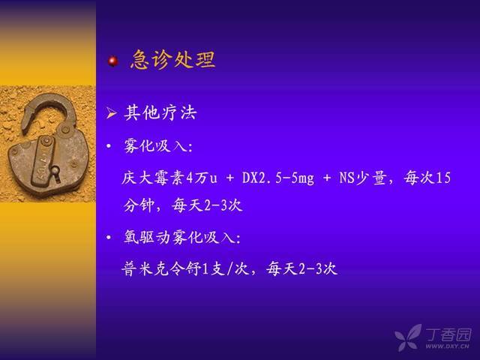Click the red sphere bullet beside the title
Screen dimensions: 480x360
point(113,61)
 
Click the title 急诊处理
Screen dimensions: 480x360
point(173,59)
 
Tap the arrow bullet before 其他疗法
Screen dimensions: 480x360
point(111,113)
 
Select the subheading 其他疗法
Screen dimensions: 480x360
point(160,112)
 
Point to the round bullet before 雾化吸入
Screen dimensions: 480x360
point(109,146)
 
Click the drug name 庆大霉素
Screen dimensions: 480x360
point(153,178)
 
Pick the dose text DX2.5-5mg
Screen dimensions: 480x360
point(278,178)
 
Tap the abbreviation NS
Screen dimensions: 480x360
point(346,178)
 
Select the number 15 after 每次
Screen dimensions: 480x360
point(443,178)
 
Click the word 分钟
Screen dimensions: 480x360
point(139,205)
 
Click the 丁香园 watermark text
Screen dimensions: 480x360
point(448,334)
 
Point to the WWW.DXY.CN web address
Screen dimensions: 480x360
point(447,346)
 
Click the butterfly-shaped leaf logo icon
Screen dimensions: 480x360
point(408,337)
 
